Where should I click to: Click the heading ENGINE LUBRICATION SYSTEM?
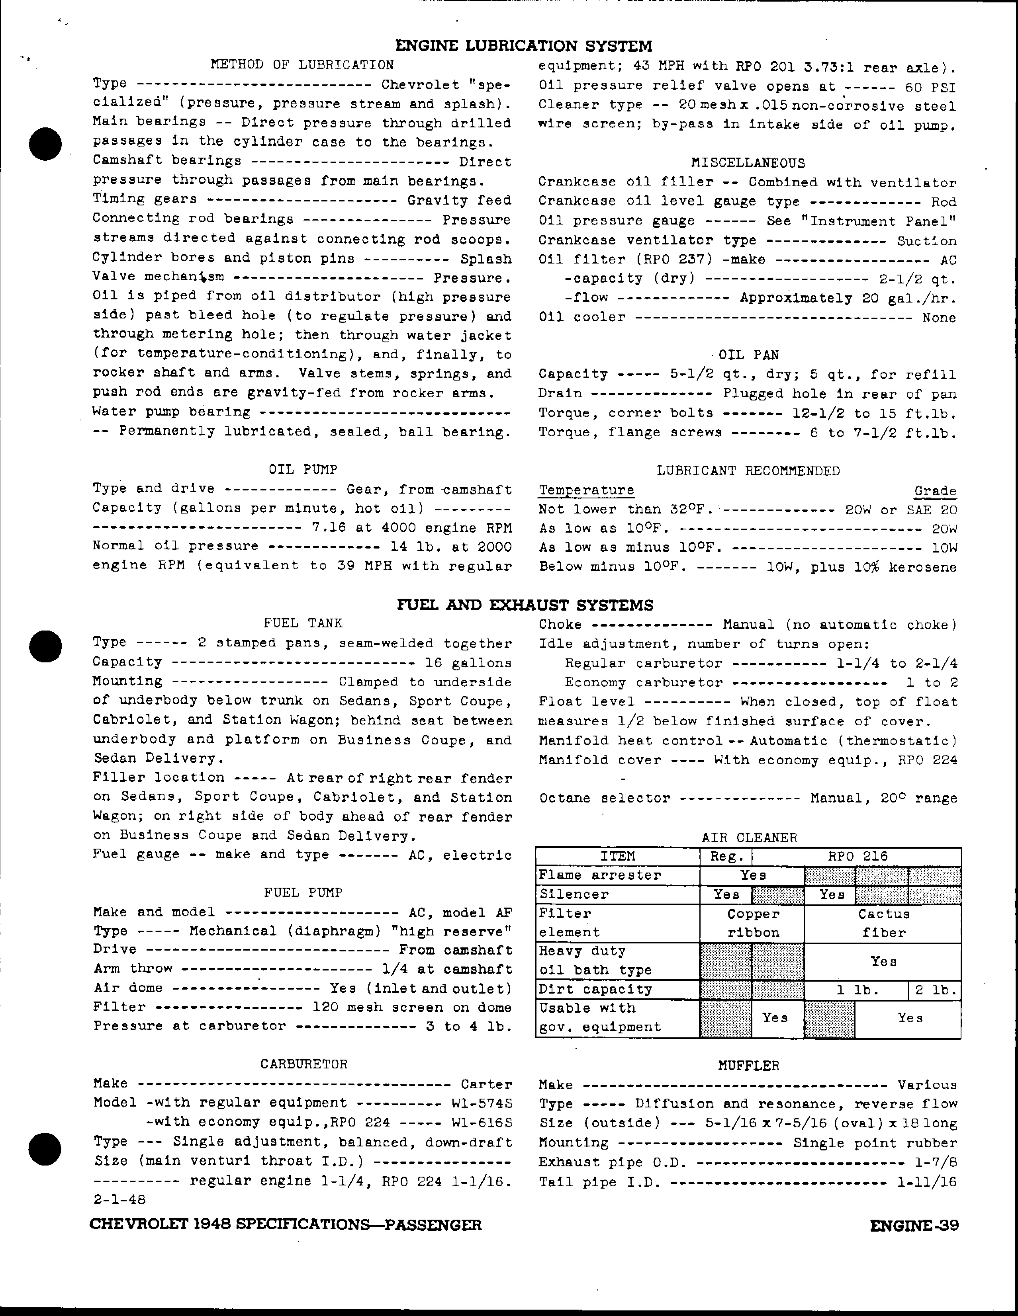click(524, 46)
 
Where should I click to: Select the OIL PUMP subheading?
click(303, 469)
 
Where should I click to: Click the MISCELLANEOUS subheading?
click(748, 163)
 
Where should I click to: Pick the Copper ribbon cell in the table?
click(752, 923)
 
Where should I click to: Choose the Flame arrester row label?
click(600, 875)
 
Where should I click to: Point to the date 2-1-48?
click(120, 1199)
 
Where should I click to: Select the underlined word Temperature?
click(586, 490)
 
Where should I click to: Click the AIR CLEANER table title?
click(749, 838)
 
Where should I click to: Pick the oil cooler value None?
click(938, 318)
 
